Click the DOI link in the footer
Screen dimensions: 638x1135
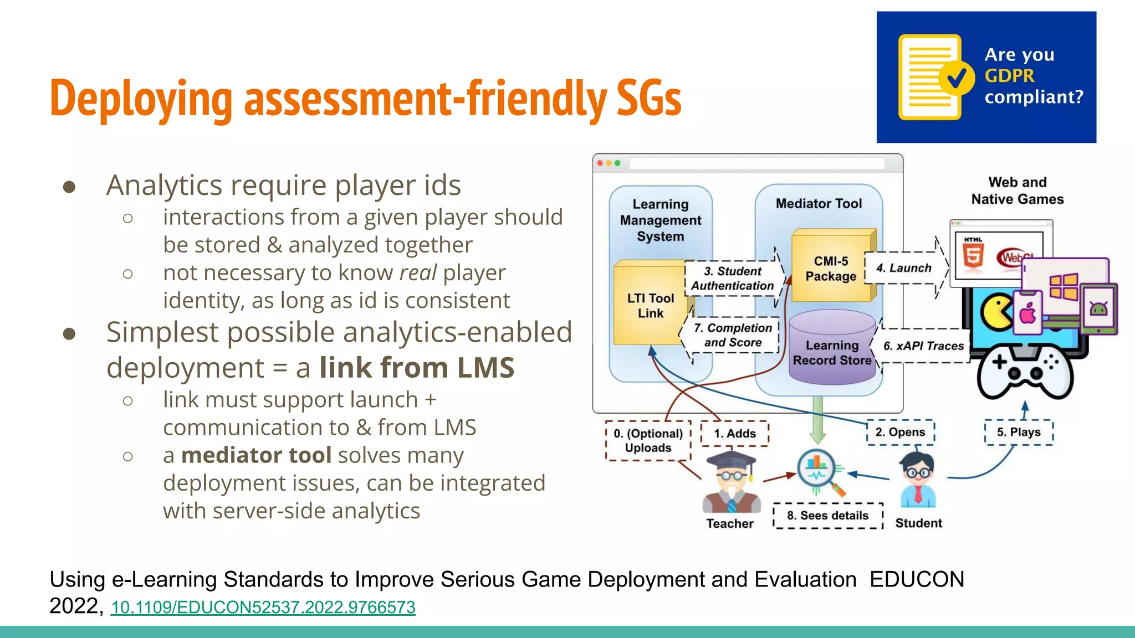(x=263, y=608)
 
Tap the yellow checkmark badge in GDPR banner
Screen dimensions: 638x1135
(x=957, y=79)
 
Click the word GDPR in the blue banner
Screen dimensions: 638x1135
(x=1009, y=76)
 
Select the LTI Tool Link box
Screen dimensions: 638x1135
(x=651, y=305)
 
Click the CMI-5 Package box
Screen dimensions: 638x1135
(x=831, y=269)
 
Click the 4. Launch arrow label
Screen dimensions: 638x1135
(x=904, y=268)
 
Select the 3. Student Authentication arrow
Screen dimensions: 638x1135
(x=733, y=279)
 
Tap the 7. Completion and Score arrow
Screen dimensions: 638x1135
(x=733, y=336)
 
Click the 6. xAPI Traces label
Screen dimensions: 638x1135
(x=923, y=346)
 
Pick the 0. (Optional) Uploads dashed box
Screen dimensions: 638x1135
(x=648, y=441)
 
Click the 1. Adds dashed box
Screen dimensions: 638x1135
(x=734, y=434)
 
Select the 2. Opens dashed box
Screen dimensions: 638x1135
(x=900, y=433)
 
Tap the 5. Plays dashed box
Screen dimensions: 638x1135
(x=1018, y=433)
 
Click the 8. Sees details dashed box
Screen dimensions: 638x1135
(x=827, y=516)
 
